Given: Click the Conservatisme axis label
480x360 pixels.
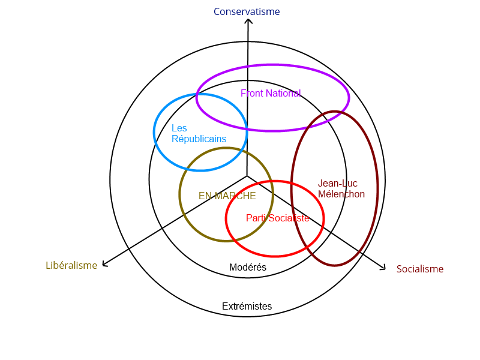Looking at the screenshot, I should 247,11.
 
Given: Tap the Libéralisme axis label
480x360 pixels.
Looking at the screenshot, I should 71,265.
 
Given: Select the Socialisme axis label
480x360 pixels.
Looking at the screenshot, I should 420,269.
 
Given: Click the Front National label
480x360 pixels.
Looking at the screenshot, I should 271,93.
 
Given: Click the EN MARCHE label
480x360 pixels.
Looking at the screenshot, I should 227,196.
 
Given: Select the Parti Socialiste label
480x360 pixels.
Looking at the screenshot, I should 277,218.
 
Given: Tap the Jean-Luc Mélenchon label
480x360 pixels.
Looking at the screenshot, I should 341,188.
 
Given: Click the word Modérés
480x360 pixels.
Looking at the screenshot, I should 247,267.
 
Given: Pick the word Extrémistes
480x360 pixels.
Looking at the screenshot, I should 247,306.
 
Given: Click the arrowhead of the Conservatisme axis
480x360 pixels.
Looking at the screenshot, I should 247,22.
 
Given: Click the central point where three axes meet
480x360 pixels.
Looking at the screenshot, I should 247,176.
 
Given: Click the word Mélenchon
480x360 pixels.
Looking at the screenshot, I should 341,194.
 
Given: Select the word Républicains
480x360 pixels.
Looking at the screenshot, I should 199,139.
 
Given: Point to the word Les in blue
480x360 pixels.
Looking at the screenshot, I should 179,128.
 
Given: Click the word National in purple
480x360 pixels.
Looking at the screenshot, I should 284,93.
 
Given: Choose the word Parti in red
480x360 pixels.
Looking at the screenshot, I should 256,218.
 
